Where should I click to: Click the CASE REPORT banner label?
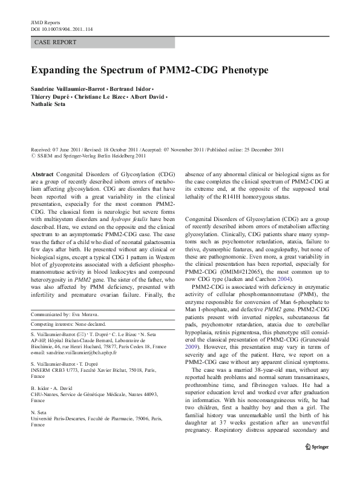[x=54, y=42]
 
